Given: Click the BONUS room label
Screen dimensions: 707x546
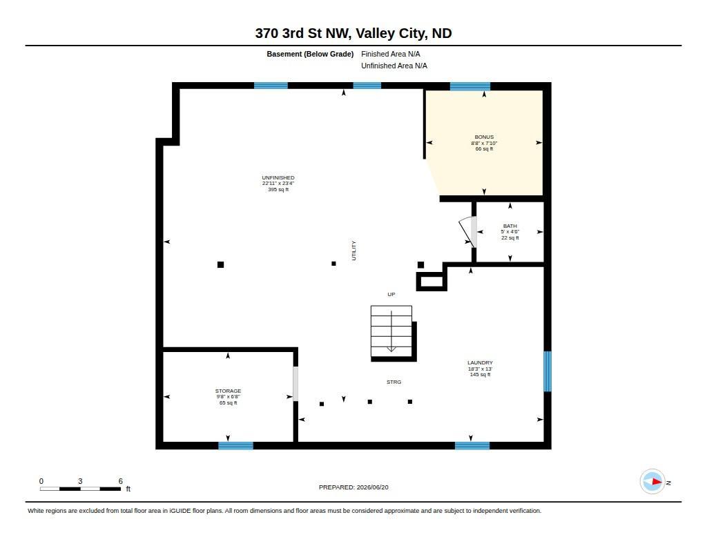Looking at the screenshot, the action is pyautogui.click(x=484, y=137).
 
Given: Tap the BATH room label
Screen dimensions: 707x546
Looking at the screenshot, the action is pyautogui.click(x=510, y=226).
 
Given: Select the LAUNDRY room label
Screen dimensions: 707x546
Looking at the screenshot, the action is pyautogui.click(x=480, y=362).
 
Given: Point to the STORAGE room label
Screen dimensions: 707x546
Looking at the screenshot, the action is pyautogui.click(x=228, y=391).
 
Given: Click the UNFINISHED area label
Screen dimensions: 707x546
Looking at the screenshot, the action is pyautogui.click(x=278, y=177).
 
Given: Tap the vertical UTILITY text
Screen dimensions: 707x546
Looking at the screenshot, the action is pyautogui.click(x=354, y=251).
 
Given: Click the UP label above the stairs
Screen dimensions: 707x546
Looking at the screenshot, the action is pyautogui.click(x=391, y=295).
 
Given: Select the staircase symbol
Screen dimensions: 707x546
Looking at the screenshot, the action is pyautogui.click(x=391, y=331).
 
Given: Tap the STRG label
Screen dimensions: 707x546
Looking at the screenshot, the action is pyautogui.click(x=394, y=382).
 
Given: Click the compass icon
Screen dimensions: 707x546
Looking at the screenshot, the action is pyautogui.click(x=652, y=482).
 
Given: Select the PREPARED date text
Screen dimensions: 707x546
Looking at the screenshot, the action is pyautogui.click(x=353, y=487).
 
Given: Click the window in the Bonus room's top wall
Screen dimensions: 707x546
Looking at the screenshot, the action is pyautogui.click(x=469, y=86).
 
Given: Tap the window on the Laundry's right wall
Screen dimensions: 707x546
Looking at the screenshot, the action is pyautogui.click(x=548, y=371).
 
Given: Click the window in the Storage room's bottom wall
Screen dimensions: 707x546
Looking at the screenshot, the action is pyautogui.click(x=236, y=446).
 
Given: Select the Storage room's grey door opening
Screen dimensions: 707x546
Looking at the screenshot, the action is pyautogui.click(x=296, y=384).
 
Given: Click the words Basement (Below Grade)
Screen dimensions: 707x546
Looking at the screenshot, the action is pyautogui.click(x=310, y=54).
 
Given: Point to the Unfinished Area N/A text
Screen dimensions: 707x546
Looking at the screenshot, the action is pyautogui.click(x=394, y=66).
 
